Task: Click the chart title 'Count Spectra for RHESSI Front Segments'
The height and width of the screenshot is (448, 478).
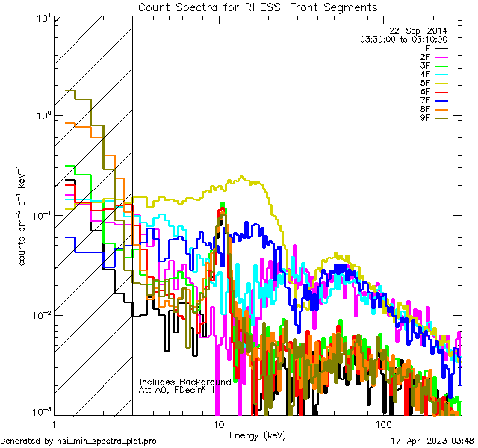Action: click(258, 7)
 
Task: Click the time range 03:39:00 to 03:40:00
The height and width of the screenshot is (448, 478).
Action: click(404, 39)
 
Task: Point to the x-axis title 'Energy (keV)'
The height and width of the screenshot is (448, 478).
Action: click(258, 435)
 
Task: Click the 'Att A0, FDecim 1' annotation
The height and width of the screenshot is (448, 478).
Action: click(178, 390)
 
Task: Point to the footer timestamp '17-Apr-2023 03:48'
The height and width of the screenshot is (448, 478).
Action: click(429, 441)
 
